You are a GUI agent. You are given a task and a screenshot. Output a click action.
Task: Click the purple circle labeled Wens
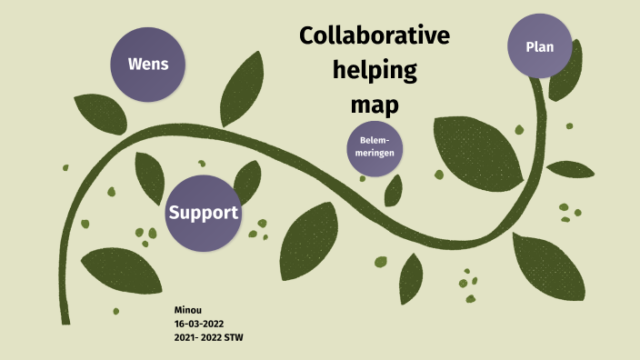(x=146, y=65)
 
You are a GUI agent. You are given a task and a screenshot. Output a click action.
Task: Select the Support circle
(x=203, y=213)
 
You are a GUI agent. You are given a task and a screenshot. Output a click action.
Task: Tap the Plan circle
(x=540, y=47)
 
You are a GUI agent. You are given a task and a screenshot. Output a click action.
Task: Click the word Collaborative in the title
(x=375, y=37)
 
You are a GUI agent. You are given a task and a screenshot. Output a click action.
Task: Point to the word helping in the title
(x=375, y=70)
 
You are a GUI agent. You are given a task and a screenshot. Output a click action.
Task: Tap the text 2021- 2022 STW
(x=208, y=337)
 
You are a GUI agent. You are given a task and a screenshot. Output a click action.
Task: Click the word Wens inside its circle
(x=146, y=65)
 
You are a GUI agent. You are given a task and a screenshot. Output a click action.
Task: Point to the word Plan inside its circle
(x=540, y=47)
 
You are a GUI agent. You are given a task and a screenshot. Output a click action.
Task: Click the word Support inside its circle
(x=203, y=213)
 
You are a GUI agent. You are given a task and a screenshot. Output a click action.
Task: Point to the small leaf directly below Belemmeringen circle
(x=394, y=190)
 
